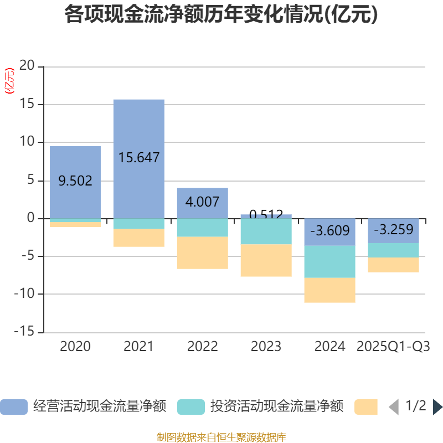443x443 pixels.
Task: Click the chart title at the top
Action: point(221,15)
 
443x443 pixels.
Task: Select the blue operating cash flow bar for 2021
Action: point(138,133)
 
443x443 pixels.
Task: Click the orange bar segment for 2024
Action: point(329,290)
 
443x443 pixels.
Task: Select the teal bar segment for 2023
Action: point(266,231)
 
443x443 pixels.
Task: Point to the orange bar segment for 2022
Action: point(202,253)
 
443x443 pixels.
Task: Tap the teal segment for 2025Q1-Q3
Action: point(393,250)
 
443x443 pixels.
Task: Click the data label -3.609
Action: point(329,230)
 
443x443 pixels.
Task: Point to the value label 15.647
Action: point(138,158)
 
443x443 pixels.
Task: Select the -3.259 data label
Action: point(393,229)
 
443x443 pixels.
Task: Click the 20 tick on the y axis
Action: point(27,66)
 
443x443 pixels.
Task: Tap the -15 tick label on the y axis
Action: point(24,332)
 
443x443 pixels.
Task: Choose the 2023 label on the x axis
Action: point(266,347)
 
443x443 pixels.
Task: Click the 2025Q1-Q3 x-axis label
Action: point(393,347)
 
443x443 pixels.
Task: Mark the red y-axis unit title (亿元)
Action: point(9,81)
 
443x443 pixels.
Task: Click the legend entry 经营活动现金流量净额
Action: point(100,406)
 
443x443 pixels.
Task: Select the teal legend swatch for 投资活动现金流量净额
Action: point(190,406)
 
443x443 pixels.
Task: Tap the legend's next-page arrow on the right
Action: point(437,406)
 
